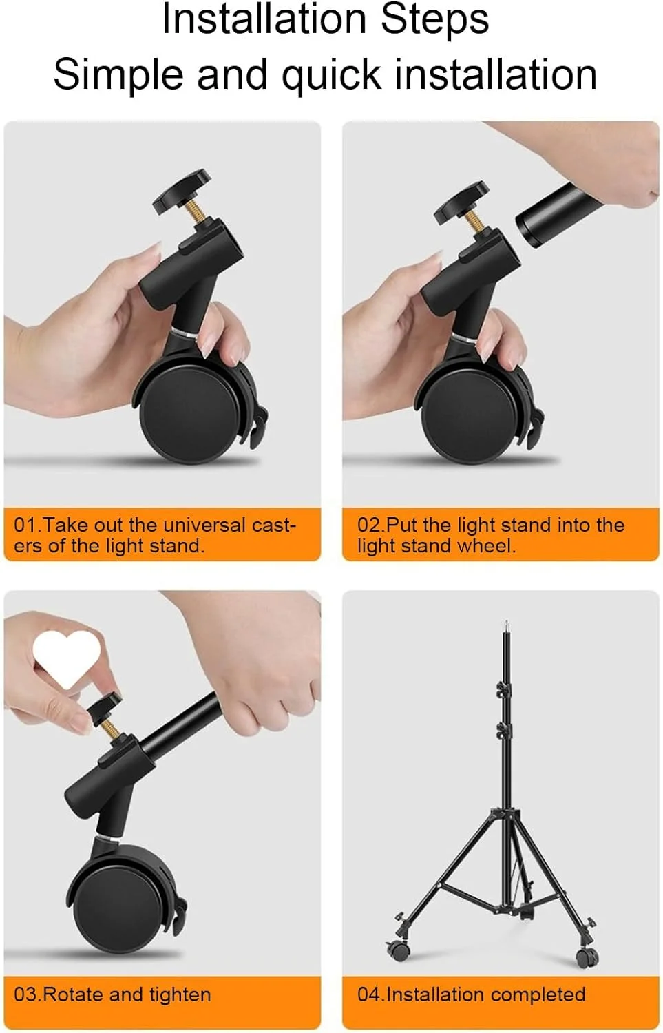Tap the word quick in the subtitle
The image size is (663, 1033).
(331, 76)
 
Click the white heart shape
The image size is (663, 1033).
(67, 659)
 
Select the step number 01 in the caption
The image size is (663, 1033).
(22, 525)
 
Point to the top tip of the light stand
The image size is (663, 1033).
(506, 622)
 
